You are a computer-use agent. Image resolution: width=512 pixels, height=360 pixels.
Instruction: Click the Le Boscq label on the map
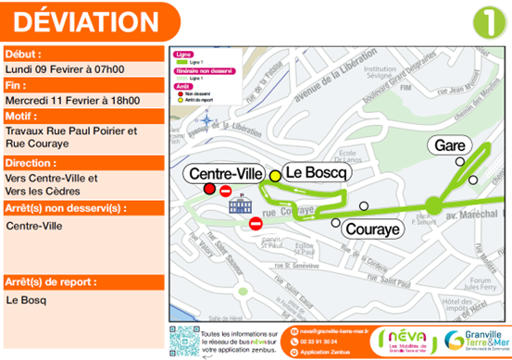tap(315, 172)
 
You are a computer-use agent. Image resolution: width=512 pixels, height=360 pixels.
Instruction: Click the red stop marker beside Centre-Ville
tap(208, 190)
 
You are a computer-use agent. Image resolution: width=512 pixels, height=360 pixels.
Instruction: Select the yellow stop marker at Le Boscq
tap(275, 175)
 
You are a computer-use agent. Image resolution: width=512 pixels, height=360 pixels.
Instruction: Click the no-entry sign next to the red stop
tap(227, 191)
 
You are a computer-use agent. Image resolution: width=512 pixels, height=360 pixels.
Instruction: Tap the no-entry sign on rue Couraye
tap(256, 224)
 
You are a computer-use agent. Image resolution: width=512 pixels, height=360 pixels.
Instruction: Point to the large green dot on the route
tap(432, 205)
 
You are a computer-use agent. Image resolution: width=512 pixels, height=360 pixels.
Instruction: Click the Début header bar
tap(82, 55)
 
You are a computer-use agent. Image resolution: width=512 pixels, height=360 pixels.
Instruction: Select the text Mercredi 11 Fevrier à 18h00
tap(73, 100)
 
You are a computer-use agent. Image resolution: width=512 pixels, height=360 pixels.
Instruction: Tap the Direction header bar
tap(82, 162)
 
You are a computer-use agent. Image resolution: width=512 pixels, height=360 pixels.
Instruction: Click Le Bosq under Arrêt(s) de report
tap(25, 300)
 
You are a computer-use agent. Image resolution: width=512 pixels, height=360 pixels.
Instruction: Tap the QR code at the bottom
tap(183, 340)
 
